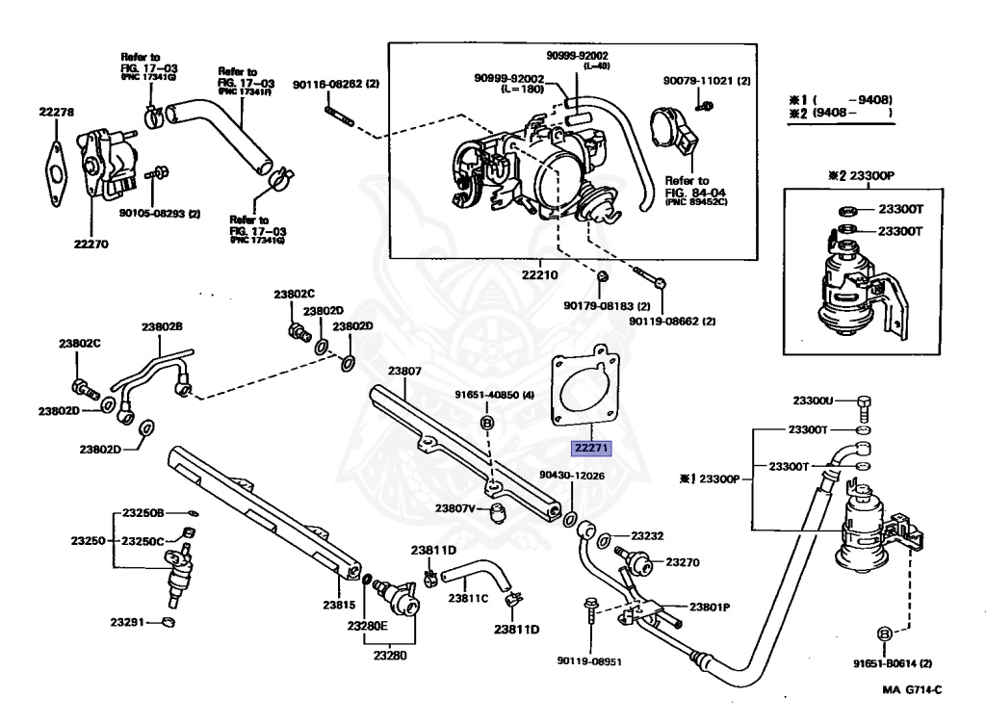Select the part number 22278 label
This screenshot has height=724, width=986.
[x=57, y=113]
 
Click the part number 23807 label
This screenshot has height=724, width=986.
[x=404, y=371]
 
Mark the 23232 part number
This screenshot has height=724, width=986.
[x=648, y=535]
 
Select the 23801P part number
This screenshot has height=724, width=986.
[x=710, y=608]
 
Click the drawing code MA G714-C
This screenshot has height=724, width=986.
[x=912, y=690]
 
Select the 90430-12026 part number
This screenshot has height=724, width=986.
[x=572, y=475]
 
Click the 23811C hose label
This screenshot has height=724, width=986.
[x=468, y=598]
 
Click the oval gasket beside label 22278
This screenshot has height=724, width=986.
[x=55, y=171]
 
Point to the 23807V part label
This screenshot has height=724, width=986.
[x=454, y=507]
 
